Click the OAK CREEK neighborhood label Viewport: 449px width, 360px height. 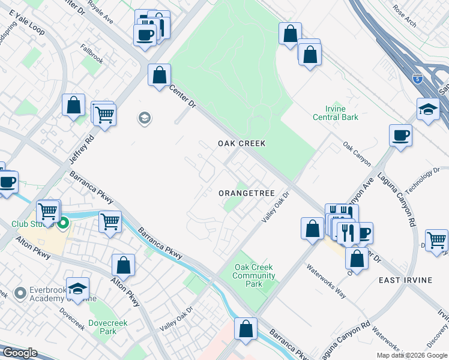pos(241,144)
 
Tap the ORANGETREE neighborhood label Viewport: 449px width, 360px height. pos(246,193)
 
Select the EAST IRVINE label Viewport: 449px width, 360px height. pos(405,280)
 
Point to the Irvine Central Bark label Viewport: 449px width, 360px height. pos(336,112)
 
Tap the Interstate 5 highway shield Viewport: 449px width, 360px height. pos(417,79)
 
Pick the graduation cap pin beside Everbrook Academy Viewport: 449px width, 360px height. pos(77,288)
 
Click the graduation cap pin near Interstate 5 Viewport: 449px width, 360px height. pos(428,109)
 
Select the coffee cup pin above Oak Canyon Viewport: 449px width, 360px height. pos(400,135)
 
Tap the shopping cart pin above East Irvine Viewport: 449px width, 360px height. pos(436,239)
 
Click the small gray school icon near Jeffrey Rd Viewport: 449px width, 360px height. pos(144,118)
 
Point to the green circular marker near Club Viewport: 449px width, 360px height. pos(62,225)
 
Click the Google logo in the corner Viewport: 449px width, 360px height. pos(19,353)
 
